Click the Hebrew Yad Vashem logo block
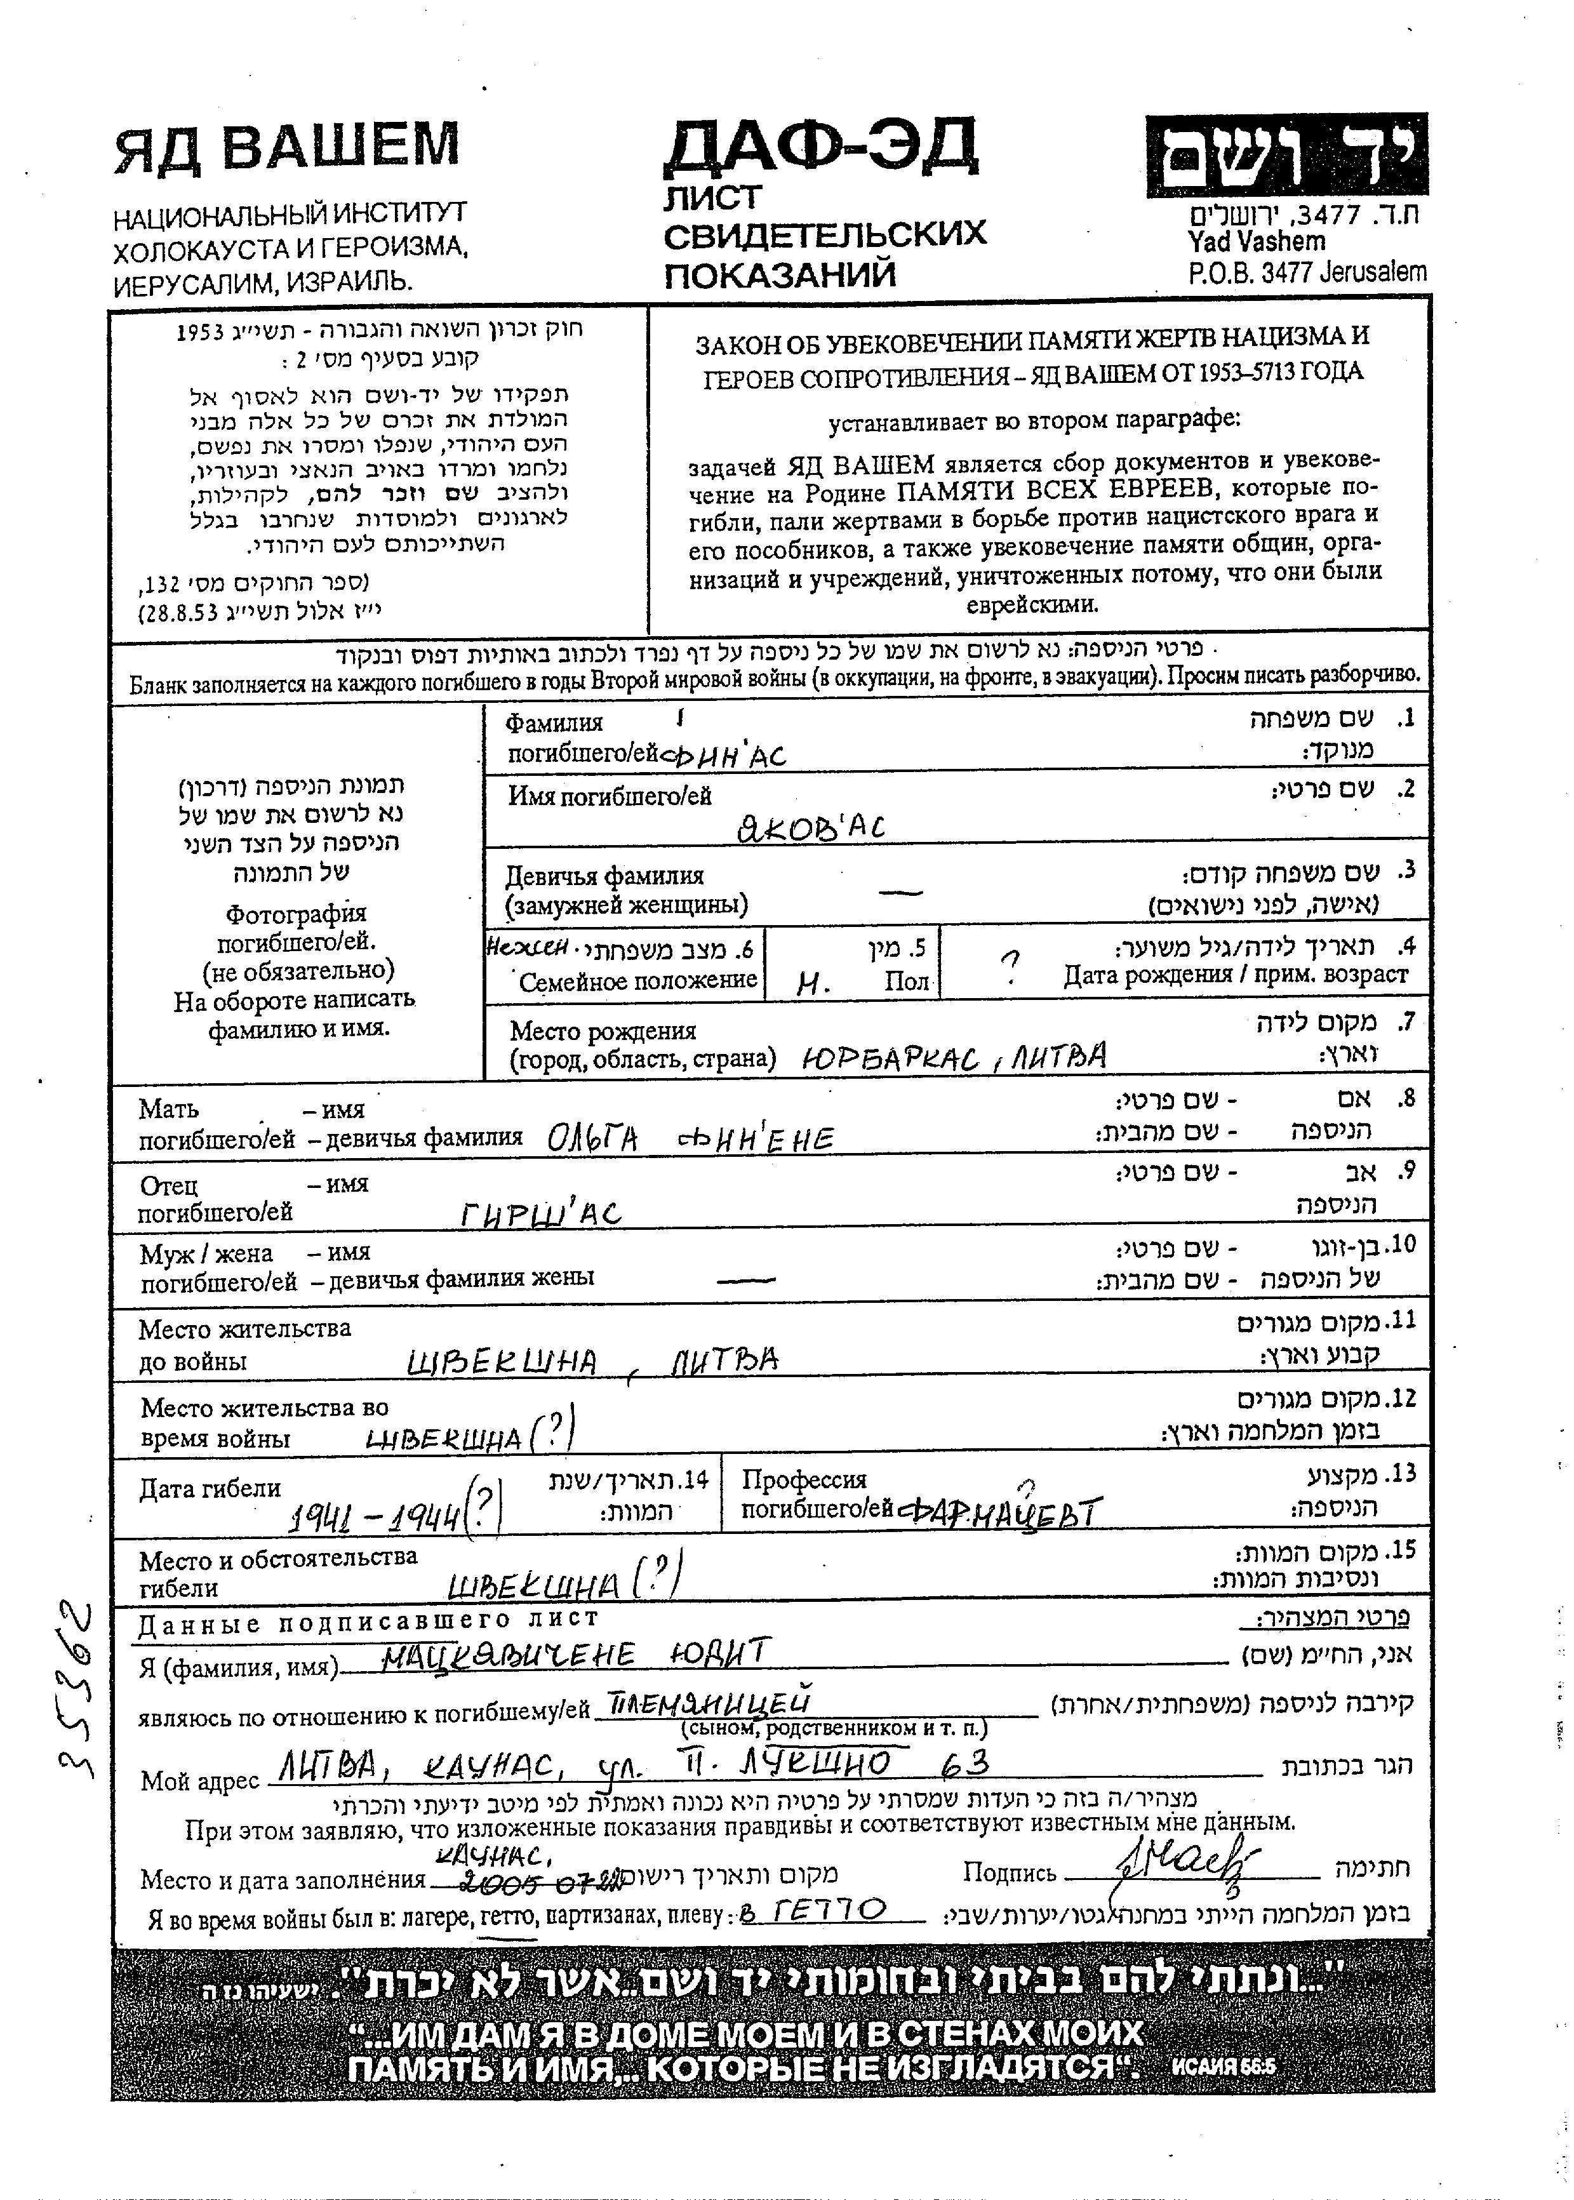tap(1285, 156)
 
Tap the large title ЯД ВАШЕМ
tap(287, 147)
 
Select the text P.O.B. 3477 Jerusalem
tap(1307, 273)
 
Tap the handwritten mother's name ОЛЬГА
tap(592, 1139)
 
